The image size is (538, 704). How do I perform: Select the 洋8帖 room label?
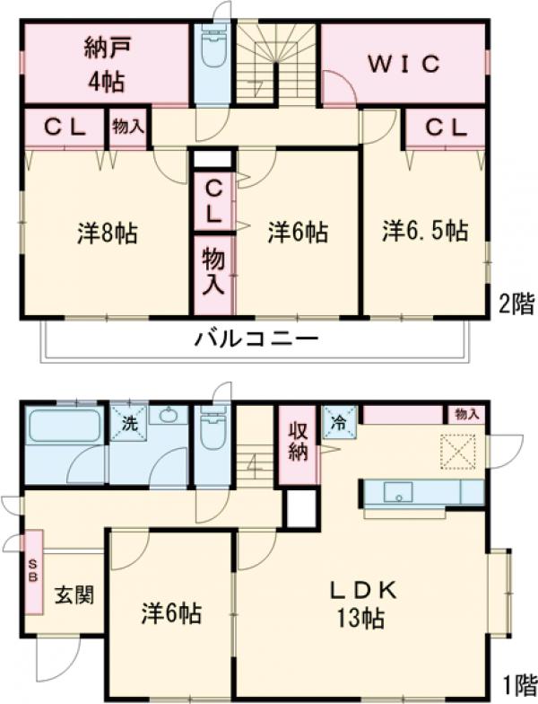pyautogui.click(x=106, y=233)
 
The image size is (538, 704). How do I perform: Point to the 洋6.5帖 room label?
pyautogui.click(x=425, y=231)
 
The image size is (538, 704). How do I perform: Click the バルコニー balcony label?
pyautogui.click(x=256, y=339)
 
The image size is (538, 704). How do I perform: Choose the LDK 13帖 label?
pyautogui.click(x=362, y=603)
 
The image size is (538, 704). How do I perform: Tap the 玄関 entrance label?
pyautogui.click(x=74, y=594)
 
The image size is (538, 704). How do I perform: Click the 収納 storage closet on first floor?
pyautogui.click(x=298, y=443)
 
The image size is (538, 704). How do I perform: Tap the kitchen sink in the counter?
pyautogui.click(x=397, y=492)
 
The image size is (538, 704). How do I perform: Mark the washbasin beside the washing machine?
pyautogui.click(x=169, y=417)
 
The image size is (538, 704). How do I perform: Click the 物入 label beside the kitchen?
pyautogui.click(x=466, y=414)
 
